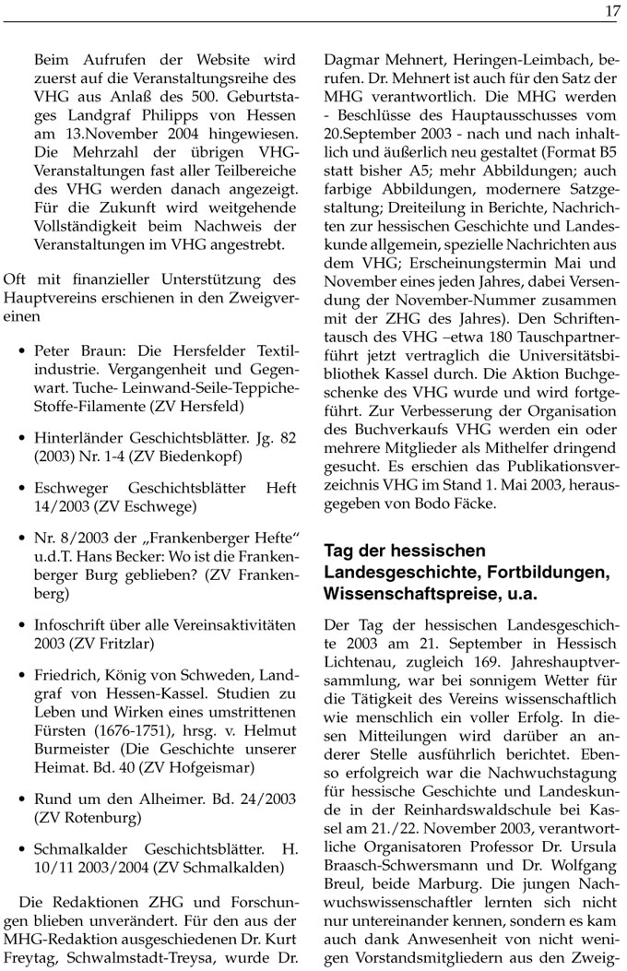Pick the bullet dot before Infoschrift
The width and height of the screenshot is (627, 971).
21,625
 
